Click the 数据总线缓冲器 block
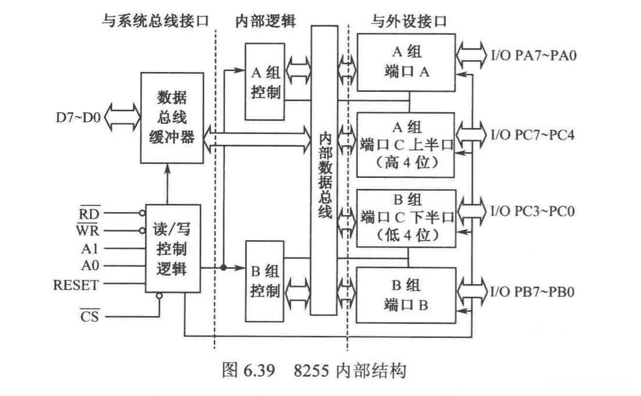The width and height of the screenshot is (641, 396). tap(172, 119)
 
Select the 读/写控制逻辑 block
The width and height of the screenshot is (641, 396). tap(173, 249)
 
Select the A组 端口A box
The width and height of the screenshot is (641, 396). tap(406, 62)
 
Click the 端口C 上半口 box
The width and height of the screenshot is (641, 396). tap(406, 145)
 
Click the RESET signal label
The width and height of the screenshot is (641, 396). tap(76, 285)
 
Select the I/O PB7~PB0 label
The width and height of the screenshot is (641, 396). tap(533, 291)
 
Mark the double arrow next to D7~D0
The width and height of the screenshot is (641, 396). tap(121, 118)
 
